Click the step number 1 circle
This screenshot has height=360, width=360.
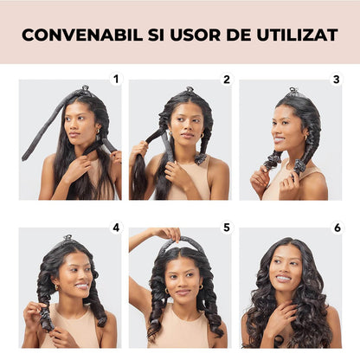click(116, 80)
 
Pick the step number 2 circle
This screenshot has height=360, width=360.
click(227, 80)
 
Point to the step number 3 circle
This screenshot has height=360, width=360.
click(337, 80)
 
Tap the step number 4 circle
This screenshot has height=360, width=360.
click(116, 228)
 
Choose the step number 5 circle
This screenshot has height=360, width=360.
click(227, 228)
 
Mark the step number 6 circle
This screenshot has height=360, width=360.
click(337, 228)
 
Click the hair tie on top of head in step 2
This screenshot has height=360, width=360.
click(189, 90)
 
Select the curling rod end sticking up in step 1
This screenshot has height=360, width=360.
click(84, 88)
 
